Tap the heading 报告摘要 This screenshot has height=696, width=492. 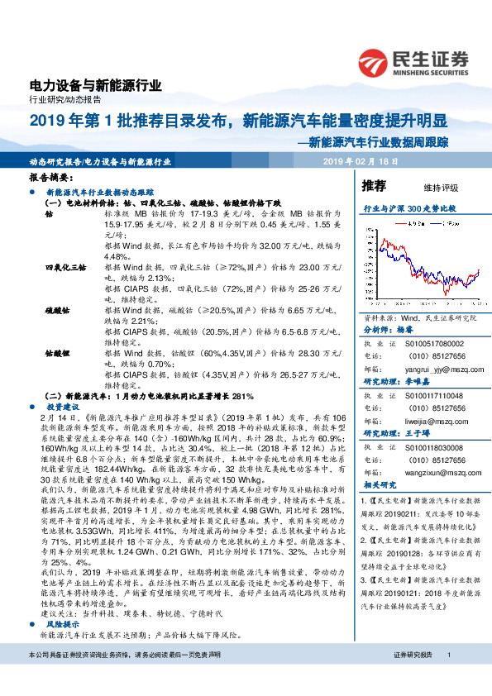50,178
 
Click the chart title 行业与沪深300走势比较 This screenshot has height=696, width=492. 411,209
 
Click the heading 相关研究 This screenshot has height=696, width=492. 381,485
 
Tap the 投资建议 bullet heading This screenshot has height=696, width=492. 64,408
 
